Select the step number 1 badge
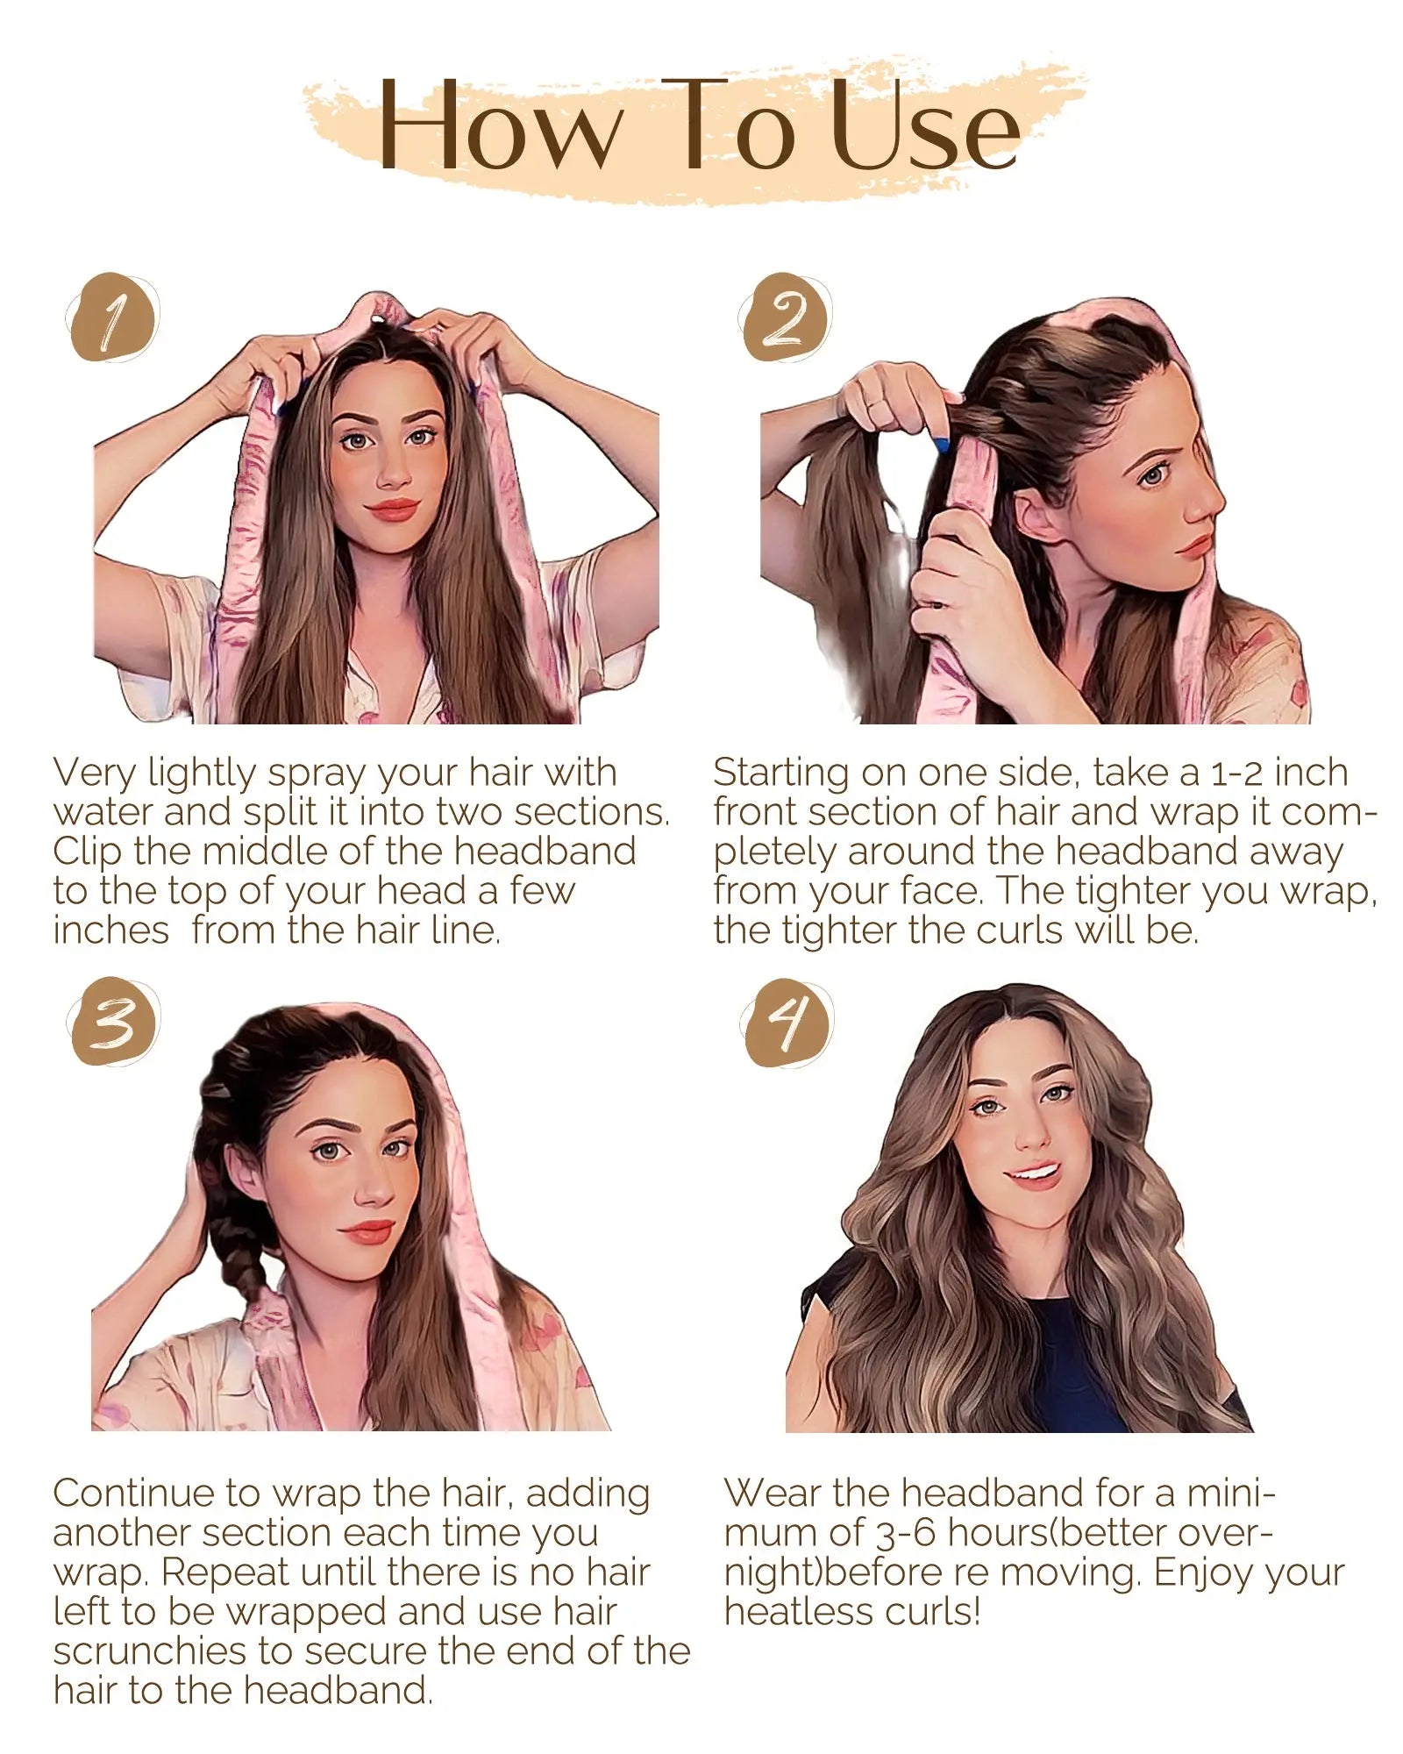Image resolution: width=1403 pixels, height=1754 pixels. pyautogui.click(x=112, y=318)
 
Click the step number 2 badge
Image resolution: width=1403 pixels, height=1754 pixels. pyautogui.click(x=785, y=318)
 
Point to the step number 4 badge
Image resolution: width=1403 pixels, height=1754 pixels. pyautogui.click(x=787, y=1023)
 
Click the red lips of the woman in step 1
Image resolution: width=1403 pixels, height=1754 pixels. pyautogui.click(x=392, y=509)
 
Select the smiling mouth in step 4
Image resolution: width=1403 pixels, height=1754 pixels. pyautogui.click(x=1035, y=1173)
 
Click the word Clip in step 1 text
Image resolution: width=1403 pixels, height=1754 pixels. pyautogui.click(x=87, y=852)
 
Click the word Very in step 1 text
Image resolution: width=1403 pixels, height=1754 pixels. pyautogui.click(x=94, y=774)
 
